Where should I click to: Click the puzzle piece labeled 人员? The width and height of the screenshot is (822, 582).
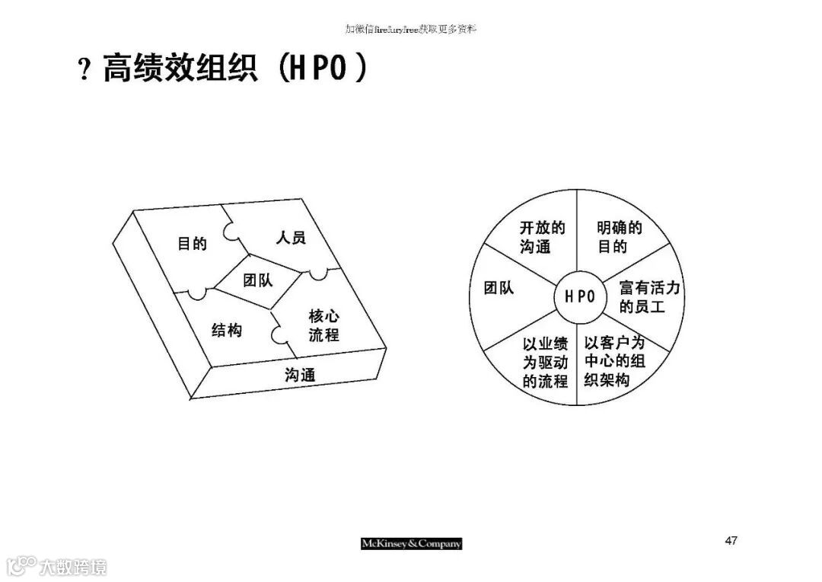(290, 238)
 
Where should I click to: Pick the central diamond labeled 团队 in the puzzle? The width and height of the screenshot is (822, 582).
(257, 280)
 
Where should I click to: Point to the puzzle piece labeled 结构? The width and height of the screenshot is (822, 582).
(226, 330)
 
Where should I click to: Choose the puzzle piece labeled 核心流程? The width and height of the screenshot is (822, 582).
(323, 325)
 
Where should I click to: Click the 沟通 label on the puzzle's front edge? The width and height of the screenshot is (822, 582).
(300, 375)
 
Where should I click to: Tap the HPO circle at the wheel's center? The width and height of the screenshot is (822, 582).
(579, 296)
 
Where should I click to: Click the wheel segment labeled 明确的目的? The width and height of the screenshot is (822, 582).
(618, 237)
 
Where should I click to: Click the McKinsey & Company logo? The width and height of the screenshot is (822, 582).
(411, 543)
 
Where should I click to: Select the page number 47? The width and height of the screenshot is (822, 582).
(731, 541)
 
